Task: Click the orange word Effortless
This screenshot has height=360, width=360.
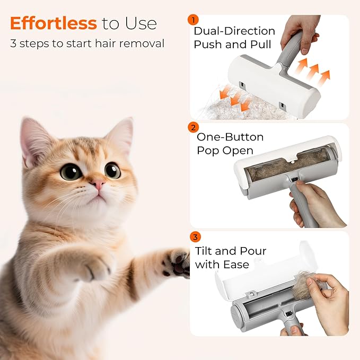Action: (53, 23)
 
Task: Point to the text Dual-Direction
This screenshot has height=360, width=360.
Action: (234, 31)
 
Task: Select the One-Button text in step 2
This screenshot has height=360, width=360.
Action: (230, 137)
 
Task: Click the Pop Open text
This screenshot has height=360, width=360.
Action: (225, 151)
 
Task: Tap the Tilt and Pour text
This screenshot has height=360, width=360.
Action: (230, 251)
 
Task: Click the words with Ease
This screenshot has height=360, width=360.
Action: (222, 264)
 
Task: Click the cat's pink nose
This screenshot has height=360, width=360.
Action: (98, 184)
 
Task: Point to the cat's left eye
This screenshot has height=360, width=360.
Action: (71, 172)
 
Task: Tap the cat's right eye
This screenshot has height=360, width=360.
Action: (112, 170)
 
